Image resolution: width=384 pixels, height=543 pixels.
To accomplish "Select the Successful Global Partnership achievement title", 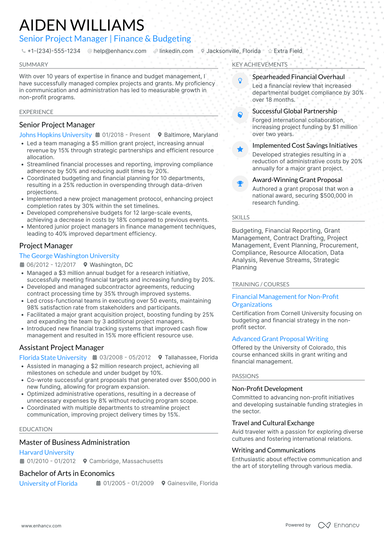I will click(x=294, y=112).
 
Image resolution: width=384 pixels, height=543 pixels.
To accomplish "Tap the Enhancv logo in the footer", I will click(x=339, y=524).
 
